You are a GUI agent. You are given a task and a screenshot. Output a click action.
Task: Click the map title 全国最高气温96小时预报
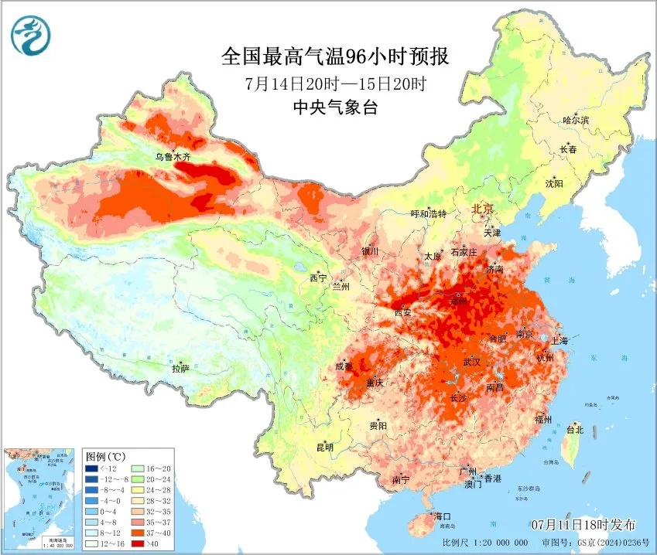click(x=335, y=56)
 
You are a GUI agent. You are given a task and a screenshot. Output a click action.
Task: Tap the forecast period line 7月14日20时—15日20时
click(x=335, y=83)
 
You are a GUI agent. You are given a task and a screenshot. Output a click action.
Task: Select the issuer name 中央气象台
click(x=335, y=108)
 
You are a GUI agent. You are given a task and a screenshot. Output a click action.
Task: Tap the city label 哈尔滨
click(x=576, y=121)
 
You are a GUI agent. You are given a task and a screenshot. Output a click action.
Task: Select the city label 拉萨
click(x=181, y=369)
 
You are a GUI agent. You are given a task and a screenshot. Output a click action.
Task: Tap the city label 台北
click(x=574, y=430)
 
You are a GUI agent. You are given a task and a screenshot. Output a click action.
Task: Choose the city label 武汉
click(x=471, y=362)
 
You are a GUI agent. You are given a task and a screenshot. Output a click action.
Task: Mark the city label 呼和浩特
click(x=428, y=214)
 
